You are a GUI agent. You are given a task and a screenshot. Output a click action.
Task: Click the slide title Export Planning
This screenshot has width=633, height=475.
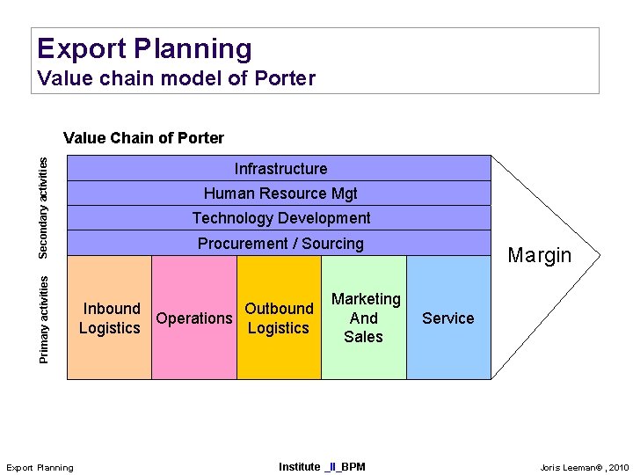pos(144,48)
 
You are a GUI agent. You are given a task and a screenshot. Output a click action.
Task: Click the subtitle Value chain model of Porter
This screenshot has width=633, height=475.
pos(176,78)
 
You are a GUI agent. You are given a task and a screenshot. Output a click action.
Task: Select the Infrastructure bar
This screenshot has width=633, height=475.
pos(280,168)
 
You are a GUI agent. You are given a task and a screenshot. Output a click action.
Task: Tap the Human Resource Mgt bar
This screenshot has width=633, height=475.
pos(280,193)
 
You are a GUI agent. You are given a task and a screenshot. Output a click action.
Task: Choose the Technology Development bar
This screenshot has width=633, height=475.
pos(280,217)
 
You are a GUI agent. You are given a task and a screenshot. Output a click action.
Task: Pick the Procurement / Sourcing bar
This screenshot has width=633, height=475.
pos(280,243)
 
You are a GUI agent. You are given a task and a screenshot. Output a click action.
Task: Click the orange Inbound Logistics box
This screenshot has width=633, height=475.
pos(110,318)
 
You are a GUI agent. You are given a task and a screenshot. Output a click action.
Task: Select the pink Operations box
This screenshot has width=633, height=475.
pos(193,318)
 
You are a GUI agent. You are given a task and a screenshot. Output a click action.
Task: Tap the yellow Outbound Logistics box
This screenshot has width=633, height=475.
pos(279,318)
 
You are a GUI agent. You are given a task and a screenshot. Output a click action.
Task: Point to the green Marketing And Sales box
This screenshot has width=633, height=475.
pos(364,318)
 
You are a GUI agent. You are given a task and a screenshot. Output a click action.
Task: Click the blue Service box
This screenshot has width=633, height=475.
pos(448,318)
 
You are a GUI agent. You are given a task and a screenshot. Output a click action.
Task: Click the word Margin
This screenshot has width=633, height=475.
pos(540,255)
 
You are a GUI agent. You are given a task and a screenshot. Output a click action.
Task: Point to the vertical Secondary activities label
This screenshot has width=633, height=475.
pos(43,207)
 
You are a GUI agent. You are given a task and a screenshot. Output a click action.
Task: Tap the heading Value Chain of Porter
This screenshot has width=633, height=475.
pos(143,137)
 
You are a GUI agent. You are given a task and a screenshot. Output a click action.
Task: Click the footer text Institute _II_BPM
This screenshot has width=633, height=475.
pos(321,466)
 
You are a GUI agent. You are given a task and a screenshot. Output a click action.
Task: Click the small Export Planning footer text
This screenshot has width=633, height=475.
pos(40,467)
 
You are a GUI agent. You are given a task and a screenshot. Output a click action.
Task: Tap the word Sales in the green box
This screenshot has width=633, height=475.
pos(364,336)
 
